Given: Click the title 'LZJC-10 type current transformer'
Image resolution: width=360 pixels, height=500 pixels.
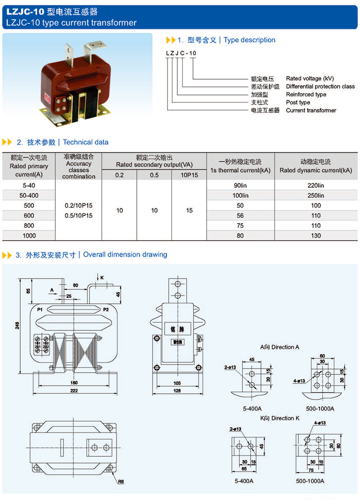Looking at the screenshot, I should pos(72,23).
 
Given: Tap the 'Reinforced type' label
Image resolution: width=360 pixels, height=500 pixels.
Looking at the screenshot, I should pos(306,95).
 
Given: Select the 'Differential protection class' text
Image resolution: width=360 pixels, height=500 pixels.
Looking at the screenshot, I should pos(320,86).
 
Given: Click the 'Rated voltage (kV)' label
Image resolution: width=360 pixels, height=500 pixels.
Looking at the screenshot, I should pos(310,78).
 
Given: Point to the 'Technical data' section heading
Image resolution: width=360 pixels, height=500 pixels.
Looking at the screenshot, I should pos(85,142).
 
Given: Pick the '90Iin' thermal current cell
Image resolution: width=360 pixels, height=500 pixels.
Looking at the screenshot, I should pos(240,185).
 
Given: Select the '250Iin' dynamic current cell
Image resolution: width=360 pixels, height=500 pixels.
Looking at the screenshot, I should pos(316,196).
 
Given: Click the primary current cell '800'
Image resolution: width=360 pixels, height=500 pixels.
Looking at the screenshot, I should pos(29,225).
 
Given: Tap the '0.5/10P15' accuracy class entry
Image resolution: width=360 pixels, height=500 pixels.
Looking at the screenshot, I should pos(79,216).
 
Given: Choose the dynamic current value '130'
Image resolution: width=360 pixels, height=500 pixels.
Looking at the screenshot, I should pos(316,235).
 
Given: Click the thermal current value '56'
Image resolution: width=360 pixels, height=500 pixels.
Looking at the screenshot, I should pos(240,216).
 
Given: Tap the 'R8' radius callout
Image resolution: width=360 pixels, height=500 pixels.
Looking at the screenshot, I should pos(121,482).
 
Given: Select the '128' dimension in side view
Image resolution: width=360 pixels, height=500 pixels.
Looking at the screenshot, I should pos(177,391).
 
